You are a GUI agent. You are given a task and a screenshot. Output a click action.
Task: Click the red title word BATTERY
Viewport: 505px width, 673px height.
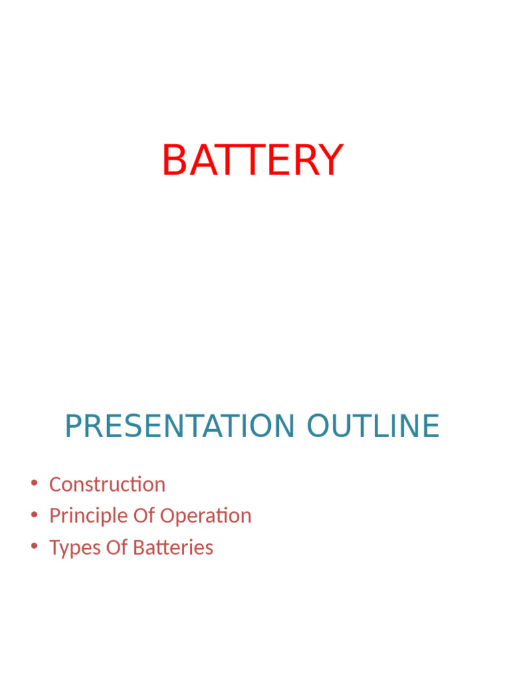pos(252,160)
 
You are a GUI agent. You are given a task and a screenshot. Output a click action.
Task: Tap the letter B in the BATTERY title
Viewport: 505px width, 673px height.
pos(174,160)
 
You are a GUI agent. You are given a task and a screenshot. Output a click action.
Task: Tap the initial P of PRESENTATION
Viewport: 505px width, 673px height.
pos(72,427)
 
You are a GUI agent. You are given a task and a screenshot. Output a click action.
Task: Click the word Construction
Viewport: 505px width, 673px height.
pos(107,484)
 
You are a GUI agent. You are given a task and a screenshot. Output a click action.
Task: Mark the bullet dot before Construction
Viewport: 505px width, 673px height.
pos(34,484)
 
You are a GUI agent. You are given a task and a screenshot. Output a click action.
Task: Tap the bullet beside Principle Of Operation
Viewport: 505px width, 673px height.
pos(34,515)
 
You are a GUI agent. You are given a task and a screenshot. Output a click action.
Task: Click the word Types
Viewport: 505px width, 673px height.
pos(71,547)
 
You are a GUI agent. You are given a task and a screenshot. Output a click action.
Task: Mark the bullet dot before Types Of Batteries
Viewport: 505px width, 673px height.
pos(34,547)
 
